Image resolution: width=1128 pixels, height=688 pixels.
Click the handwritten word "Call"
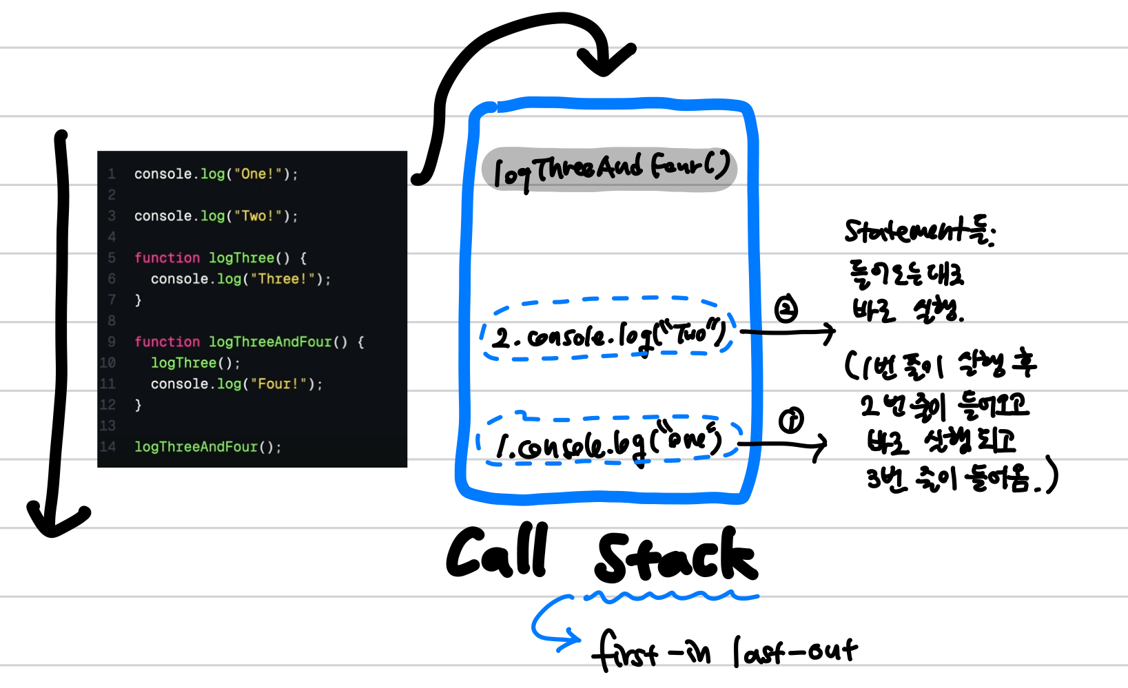click(x=498, y=552)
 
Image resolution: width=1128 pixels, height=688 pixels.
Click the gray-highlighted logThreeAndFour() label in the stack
click(x=611, y=169)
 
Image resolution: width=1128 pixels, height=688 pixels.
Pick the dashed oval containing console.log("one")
click(x=608, y=441)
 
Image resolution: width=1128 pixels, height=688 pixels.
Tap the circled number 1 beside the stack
click(x=791, y=420)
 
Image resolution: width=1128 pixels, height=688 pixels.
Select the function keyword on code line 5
click(x=167, y=258)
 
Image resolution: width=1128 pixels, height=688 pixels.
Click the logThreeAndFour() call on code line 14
click(x=207, y=447)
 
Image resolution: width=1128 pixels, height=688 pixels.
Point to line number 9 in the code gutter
click(x=112, y=342)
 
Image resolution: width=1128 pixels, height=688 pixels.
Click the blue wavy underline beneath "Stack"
click(x=672, y=596)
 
